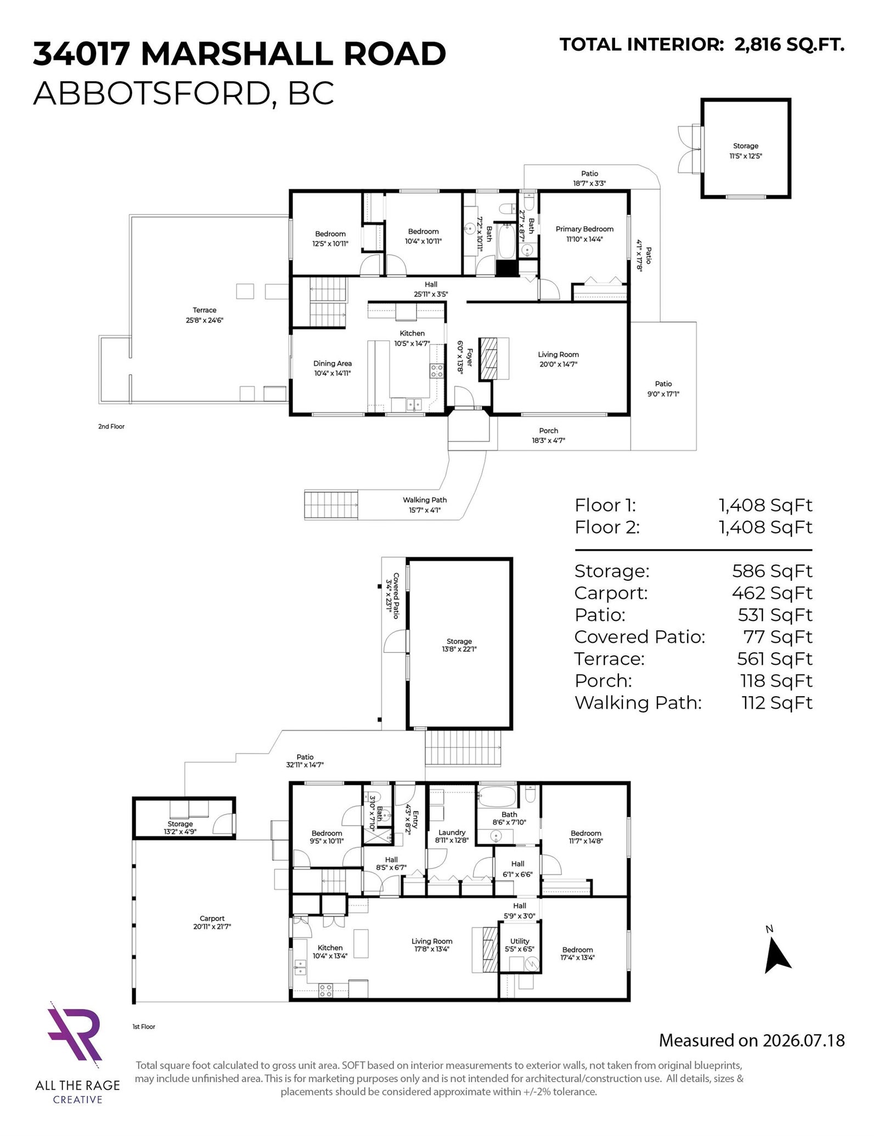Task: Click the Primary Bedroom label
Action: (x=584, y=229)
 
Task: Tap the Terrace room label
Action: (x=204, y=310)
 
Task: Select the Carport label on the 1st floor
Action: (x=212, y=918)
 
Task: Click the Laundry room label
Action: (x=452, y=832)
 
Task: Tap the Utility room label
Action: (x=520, y=941)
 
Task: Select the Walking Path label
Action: (x=425, y=500)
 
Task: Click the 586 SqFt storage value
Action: (x=772, y=571)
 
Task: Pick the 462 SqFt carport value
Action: (x=772, y=593)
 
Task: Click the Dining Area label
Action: (x=333, y=363)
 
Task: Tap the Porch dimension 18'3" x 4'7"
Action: (x=549, y=440)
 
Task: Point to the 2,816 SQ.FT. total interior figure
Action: (x=789, y=44)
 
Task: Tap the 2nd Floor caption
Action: (x=111, y=426)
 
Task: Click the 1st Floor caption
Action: (x=144, y=1026)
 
